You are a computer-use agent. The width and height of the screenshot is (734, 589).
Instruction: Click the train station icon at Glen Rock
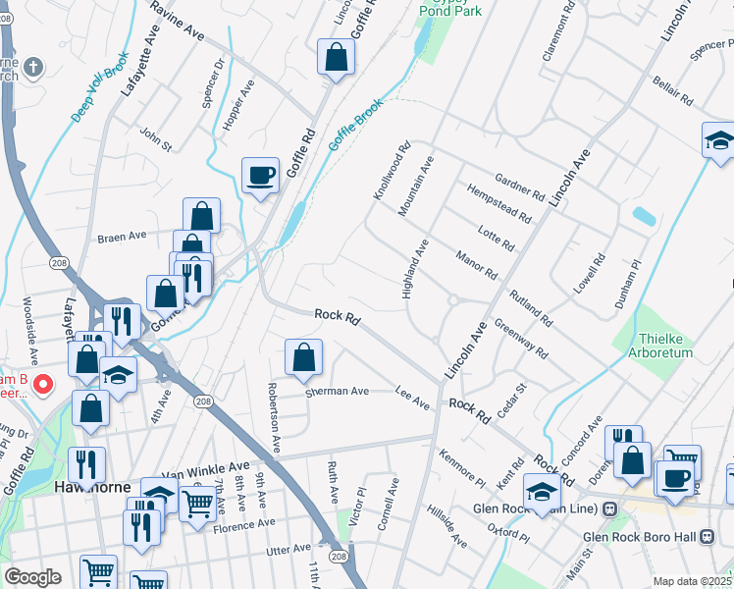(x=609, y=509)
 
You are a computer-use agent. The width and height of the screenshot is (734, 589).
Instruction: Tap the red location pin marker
(x=42, y=384)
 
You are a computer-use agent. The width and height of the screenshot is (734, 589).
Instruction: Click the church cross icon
(x=33, y=67)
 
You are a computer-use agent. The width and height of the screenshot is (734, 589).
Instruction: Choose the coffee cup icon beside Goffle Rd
(x=260, y=176)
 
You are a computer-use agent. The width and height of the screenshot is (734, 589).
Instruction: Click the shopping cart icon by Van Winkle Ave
(x=198, y=503)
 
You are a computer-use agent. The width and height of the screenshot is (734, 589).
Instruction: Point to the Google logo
(x=32, y=577)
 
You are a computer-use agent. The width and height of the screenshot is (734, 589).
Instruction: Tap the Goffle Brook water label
(x=354, y=128)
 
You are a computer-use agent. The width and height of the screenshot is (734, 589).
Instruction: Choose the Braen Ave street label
(x=121, y=236)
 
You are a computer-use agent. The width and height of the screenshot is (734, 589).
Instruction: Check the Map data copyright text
(x=692, y=581)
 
